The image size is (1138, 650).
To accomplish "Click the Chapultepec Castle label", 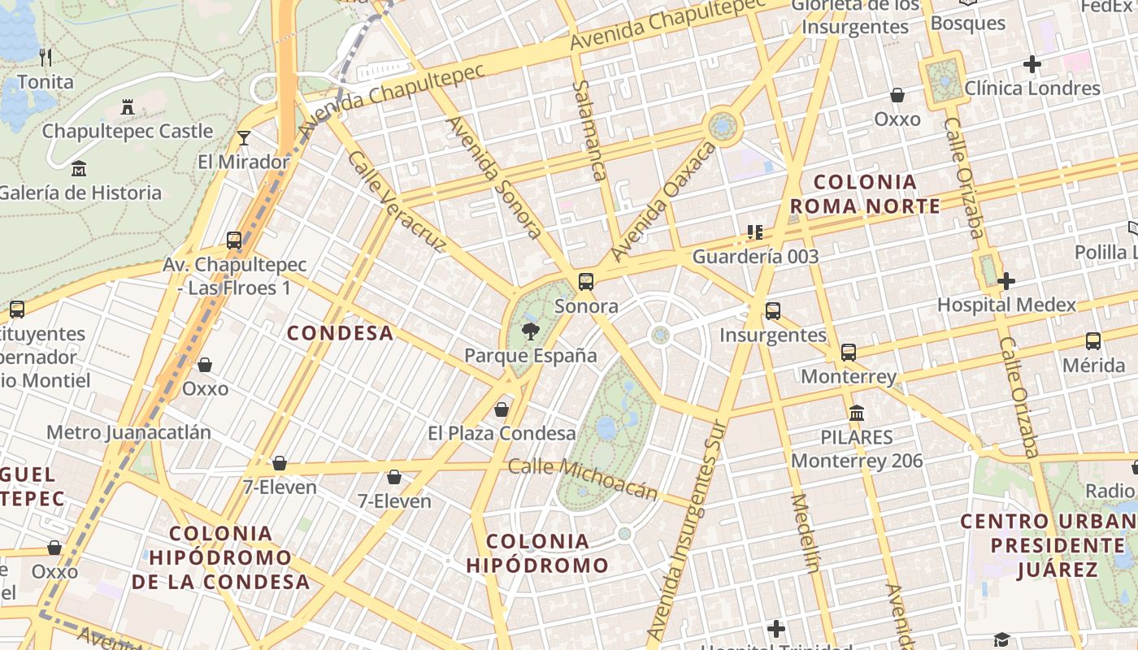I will tap(128, 131).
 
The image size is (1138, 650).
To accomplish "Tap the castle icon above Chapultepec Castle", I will tap(128, 106).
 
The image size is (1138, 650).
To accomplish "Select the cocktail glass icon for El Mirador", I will tap(244, 137).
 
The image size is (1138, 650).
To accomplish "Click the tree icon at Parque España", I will tap(531, 331).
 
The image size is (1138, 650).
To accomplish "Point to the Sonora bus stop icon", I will tap(586, 282).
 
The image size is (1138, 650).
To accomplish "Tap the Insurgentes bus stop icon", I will tap(773, 310).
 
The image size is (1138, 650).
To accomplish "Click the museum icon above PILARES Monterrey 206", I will tap(857, 413).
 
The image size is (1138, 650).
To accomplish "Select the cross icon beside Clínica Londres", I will tap(1032, 64).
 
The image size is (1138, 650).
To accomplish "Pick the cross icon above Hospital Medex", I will tap(1006, 281).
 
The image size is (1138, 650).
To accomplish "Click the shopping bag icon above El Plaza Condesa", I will tap(502, 409).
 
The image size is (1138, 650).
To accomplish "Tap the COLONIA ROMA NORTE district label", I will tap(865, 194).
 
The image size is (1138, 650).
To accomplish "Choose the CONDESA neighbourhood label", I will tap(341, 333).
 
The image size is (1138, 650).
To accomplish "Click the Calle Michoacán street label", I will tap(583, 479).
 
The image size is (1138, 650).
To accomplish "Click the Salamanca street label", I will tap(590, 130).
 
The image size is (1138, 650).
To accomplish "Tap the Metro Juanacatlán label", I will tap(128, 432).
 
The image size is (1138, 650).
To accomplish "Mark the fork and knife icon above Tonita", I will tap(46, 57).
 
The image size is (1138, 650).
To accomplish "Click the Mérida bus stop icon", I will tap(1093, 341).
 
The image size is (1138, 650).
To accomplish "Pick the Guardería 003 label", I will tap(755, 257).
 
